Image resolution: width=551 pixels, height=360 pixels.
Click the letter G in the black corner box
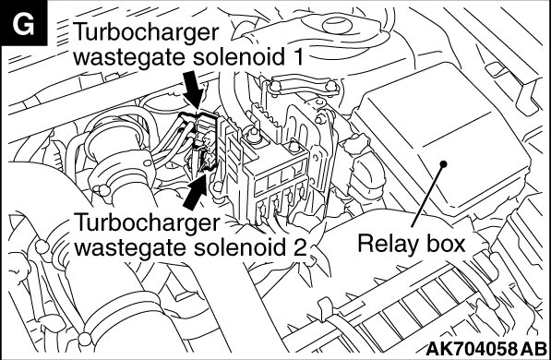(23, 24)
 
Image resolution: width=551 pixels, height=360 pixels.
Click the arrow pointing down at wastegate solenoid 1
(193, 88)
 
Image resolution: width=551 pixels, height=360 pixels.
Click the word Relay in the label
(387, 245)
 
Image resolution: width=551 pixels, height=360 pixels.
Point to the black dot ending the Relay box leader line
(443, 163)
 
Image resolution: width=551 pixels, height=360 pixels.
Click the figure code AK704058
(472, 349)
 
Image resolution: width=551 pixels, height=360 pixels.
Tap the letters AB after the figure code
(533, 349)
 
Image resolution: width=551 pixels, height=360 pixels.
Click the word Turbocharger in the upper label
(146, 34)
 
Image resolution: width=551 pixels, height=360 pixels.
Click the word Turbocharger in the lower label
(148, 223)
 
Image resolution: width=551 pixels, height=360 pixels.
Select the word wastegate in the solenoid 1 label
(130, 57)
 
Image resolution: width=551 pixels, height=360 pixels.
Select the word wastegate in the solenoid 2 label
(131, 248)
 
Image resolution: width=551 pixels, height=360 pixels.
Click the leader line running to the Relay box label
(427, 196)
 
